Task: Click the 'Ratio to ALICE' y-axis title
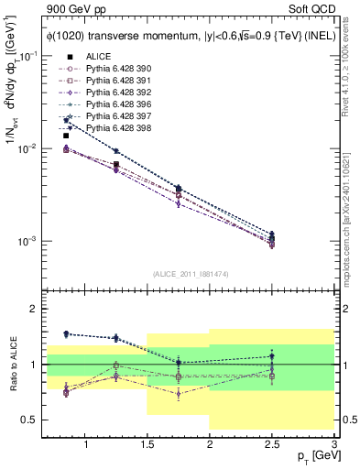click(x=10, y=365)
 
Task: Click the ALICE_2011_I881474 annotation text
click(x=191, y=273)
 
